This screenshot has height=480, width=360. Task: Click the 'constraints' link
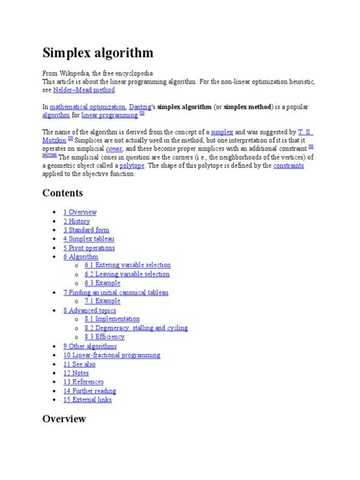(x=289, y=165)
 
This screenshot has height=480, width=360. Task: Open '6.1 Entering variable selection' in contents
(x=128, y=265)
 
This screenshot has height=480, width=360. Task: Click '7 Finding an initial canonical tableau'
(x=116, y=292)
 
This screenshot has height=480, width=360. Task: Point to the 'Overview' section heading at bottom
(x=64, y=419)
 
